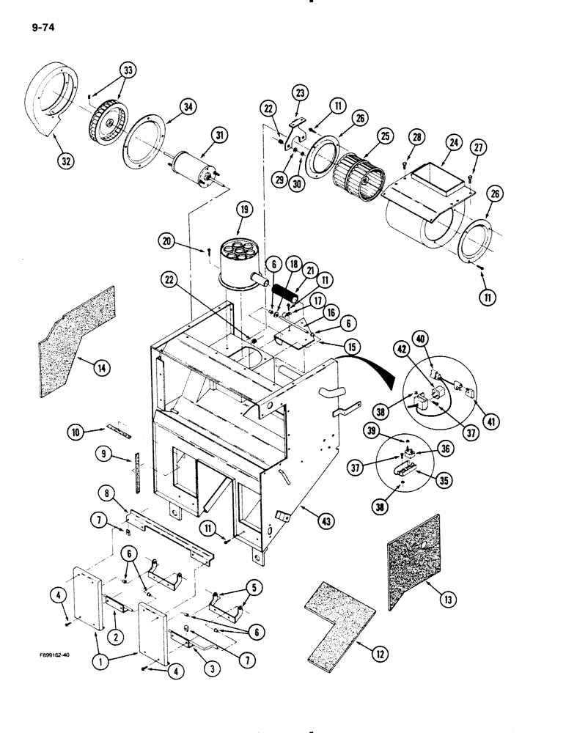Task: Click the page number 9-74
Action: [x=44, y=29]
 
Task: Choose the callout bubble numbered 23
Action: [x=300, y=92]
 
